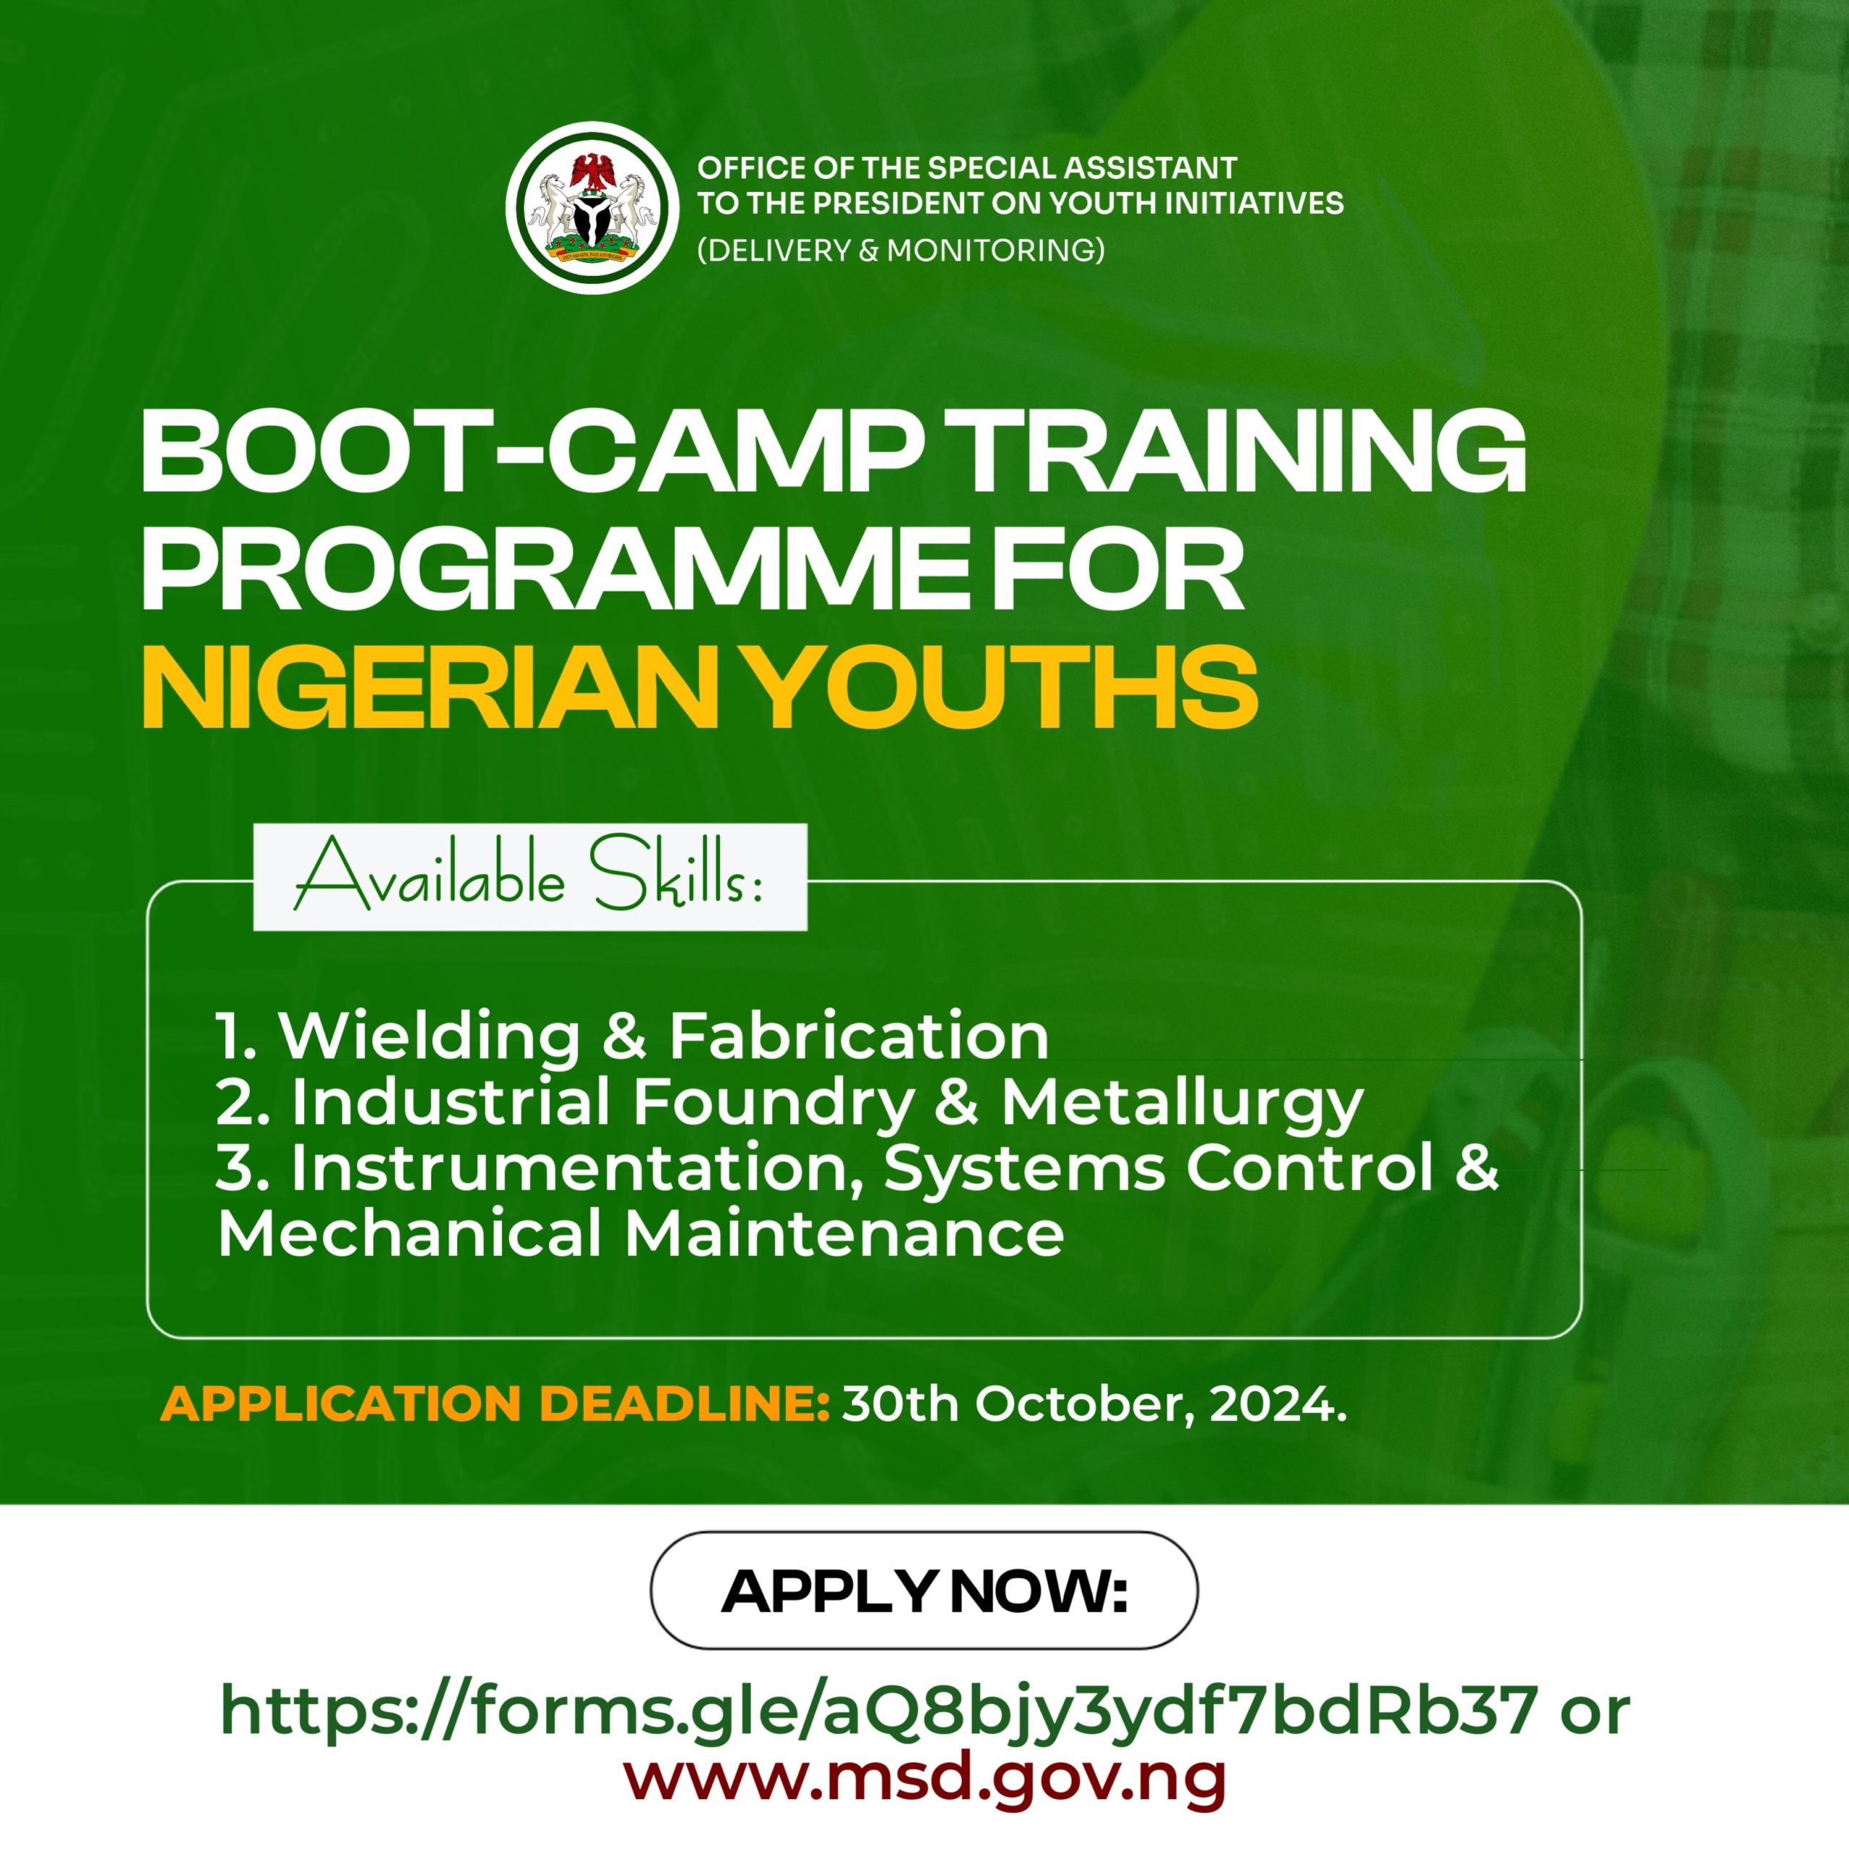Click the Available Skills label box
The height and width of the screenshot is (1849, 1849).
point(529,877)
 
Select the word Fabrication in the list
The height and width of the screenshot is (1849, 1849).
point(859,1036)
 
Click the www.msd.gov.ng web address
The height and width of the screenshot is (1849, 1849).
point(924,1776)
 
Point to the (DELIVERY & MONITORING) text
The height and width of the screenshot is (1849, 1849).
point(901,251)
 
